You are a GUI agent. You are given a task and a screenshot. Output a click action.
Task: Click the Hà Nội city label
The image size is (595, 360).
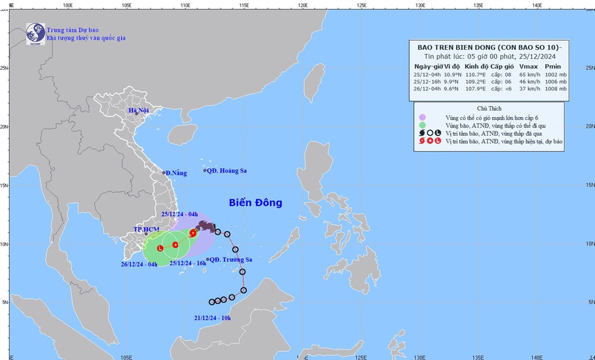pos(138,111)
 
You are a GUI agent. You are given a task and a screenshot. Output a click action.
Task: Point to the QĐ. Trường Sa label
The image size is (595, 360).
pos(232,260)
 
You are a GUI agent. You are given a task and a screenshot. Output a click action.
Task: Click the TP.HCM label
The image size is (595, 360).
pos(147,229)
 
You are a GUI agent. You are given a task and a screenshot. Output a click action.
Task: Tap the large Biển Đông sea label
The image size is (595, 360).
pos(256,203)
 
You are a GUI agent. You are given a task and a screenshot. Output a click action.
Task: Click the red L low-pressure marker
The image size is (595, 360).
pos(160,248)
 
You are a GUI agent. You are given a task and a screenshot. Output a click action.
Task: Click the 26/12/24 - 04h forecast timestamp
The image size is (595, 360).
pos(139,264)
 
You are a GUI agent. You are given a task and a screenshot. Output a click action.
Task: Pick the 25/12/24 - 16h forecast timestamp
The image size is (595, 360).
pos(183,264)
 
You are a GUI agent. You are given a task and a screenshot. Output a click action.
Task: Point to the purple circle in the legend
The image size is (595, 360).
pos(421,116)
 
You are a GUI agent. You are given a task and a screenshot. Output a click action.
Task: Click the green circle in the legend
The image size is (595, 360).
pos(421,125)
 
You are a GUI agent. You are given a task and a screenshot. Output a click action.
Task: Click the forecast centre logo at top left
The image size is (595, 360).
pos(35,33)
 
